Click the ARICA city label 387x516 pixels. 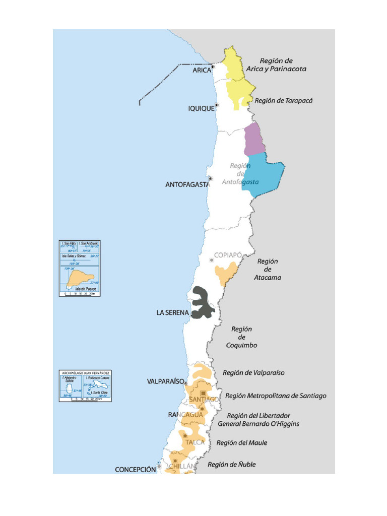[x=202, y=71]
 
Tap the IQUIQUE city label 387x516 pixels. [x=201, y=108]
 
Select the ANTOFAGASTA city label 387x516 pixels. [x=187, y=185]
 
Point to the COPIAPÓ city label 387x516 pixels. [x=228, y=255]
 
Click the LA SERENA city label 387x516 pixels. [x=172, y=313]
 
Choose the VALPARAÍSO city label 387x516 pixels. [x=165, y=381]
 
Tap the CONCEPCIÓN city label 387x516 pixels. [x=135, y=469]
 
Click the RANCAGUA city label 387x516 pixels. [x=185, y=415]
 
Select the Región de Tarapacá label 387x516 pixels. [x=284, y=101]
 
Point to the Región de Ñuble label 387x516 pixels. [x=231, y=465]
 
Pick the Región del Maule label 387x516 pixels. [x=242, y=443]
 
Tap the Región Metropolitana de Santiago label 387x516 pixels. [x=276, y=396]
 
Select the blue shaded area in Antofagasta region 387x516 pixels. [x=262, y=174]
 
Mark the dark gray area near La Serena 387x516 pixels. [x=204, y=302]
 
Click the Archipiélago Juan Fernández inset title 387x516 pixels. [x=85, y=373]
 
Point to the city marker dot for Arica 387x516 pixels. [x=214, y=67]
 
